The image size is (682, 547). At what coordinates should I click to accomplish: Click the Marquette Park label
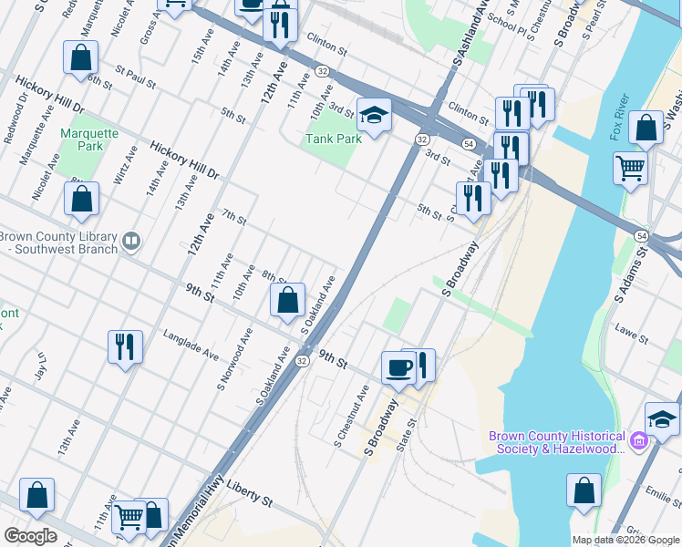(89, 139)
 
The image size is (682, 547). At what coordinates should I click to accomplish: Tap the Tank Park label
(333, 139)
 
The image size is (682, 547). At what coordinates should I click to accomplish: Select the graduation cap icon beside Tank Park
(374, 115)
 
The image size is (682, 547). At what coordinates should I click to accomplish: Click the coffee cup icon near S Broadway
(398, 367)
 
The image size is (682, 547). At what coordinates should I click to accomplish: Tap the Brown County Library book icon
(132, 241)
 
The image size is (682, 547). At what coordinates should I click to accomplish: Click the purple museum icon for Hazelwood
(638, 442)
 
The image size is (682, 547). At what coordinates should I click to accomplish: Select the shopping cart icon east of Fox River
(631, 169)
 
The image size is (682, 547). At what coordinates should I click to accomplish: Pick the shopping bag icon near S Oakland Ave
(288, 299)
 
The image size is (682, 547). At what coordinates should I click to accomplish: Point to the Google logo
(30, 536)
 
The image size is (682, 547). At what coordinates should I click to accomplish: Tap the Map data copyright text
(625, 540)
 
